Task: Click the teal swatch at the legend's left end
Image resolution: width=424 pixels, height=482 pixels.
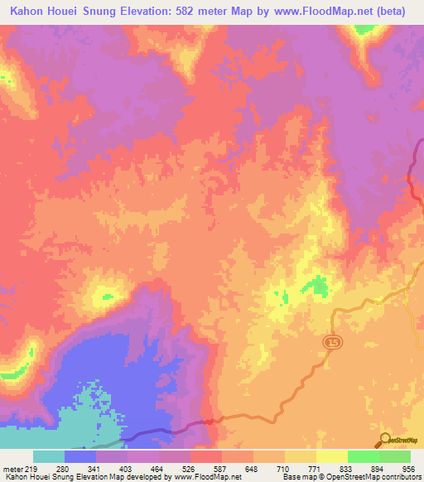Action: click(48, 456)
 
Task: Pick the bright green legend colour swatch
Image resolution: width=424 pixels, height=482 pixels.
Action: click(363, 456)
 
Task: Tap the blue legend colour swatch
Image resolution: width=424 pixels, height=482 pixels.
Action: click(79, 456)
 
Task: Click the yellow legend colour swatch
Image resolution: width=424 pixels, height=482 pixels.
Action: click(331, 456)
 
